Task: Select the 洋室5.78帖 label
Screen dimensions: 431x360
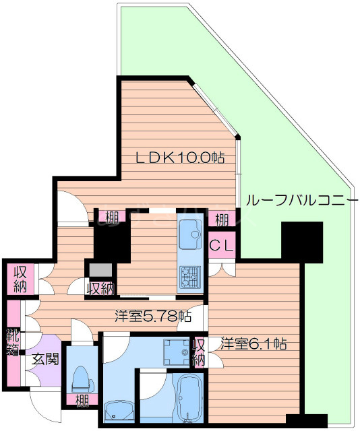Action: (152, 315)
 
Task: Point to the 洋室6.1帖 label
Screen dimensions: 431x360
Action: (254, 344)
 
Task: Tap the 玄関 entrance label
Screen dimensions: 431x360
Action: (44, 359)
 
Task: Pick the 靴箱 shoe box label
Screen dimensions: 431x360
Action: (13, 341)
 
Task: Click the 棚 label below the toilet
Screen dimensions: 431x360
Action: (81, 402)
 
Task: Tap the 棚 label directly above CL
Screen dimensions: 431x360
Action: (221, 220)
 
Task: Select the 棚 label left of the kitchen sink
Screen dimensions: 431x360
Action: (112, 218)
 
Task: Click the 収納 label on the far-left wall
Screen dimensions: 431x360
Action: (20, 279)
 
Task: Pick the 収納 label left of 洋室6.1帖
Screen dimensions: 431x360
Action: (199, 352)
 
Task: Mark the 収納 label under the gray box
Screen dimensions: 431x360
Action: (100, 288)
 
